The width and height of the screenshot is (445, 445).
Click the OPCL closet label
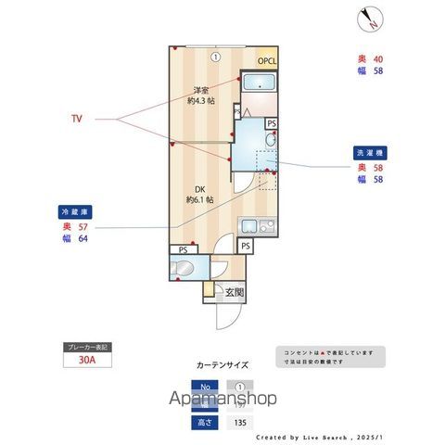click(267, 62)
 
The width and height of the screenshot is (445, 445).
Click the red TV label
click(77, 119)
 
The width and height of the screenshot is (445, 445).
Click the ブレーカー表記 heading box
click(87, 347)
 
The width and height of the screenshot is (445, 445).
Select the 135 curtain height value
click(240, 422)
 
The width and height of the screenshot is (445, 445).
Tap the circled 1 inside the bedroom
click(214, 57)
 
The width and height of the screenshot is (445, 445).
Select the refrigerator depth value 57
click(84, 226)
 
